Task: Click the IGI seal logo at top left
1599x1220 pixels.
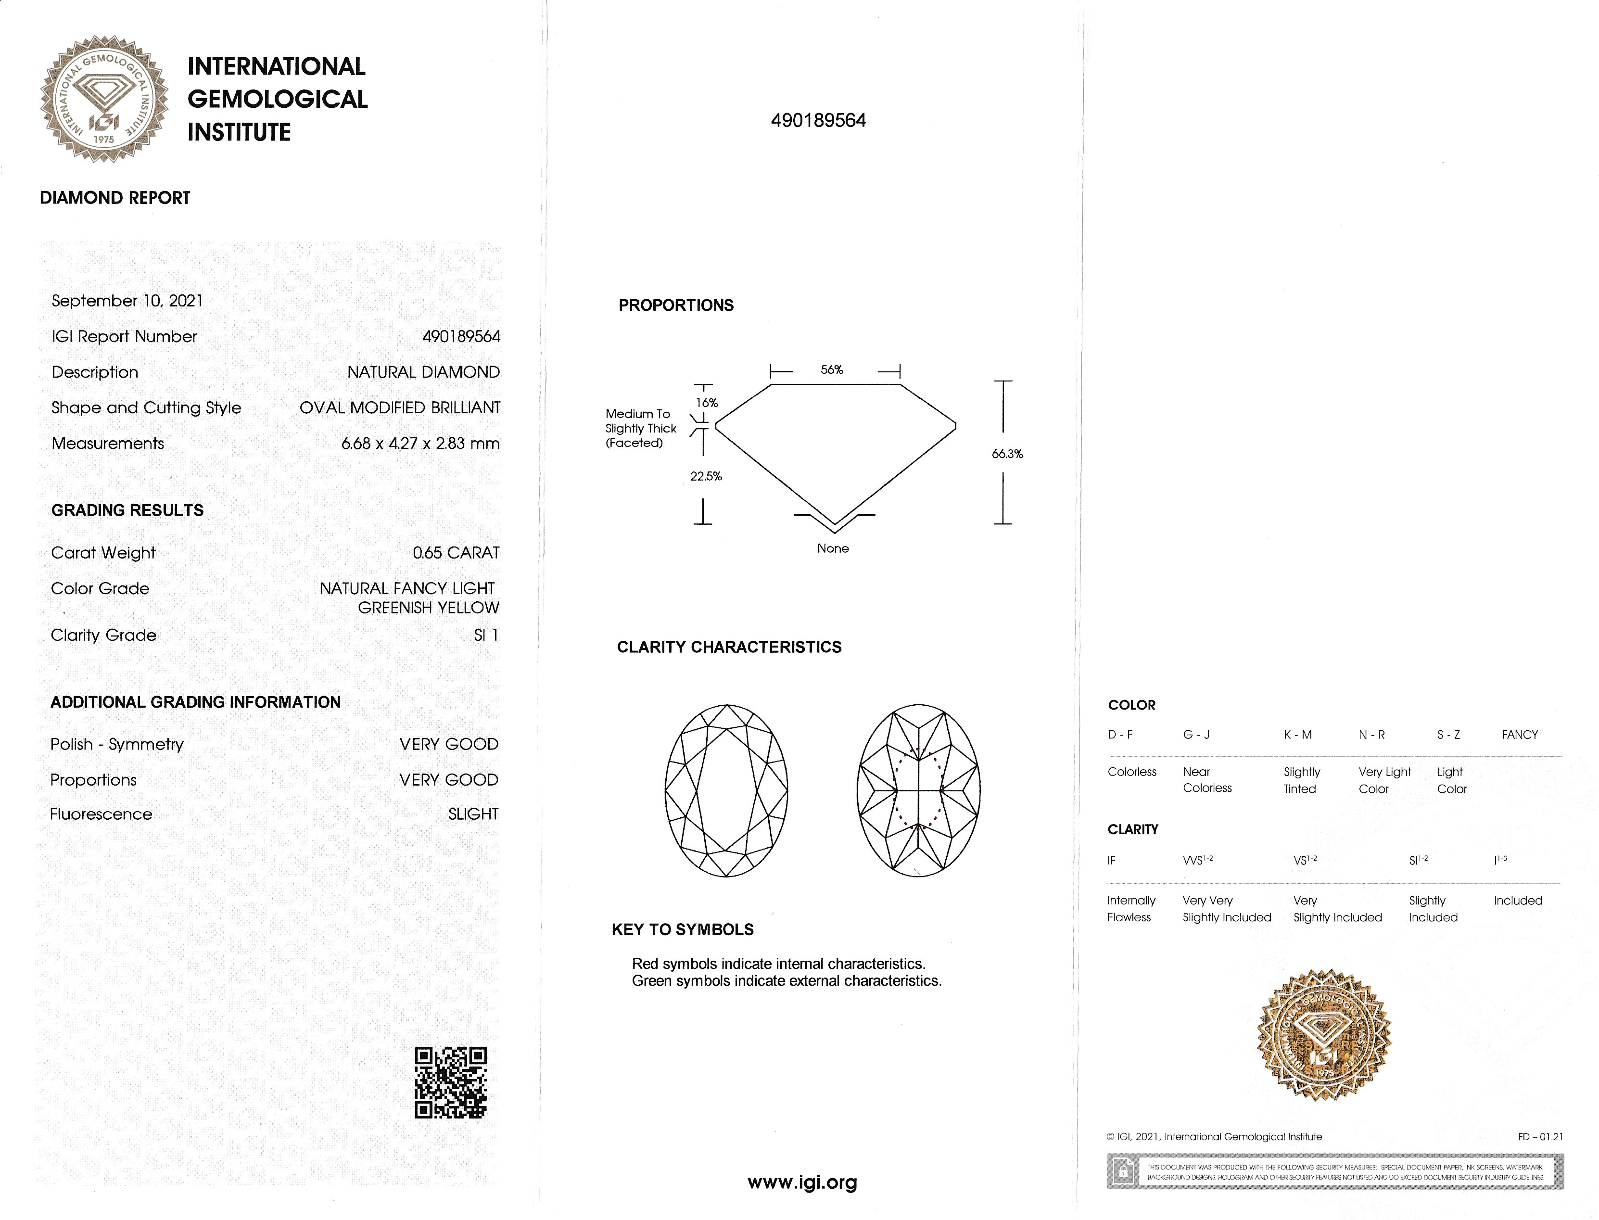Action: (104, 99)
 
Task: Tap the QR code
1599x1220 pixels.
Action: (450, 1082)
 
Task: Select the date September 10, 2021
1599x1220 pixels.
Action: (127, 301)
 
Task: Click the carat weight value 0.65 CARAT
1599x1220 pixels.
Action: (456, 553)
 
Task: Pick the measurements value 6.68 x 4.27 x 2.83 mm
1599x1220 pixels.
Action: (420, 444)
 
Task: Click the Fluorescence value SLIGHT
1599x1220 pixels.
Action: (473, 814)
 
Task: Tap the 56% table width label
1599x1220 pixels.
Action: (832, 369)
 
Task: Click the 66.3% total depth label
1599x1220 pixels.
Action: (1007, 454)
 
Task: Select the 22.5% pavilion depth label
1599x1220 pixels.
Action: (706, 476)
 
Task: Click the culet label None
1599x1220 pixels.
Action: (833, 548)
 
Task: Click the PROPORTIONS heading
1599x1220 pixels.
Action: (676, 305)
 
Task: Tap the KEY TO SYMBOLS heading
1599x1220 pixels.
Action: (683, 929)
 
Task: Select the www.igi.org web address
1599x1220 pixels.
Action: (802, 1182)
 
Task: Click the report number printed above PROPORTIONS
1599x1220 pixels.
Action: (818, 121)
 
